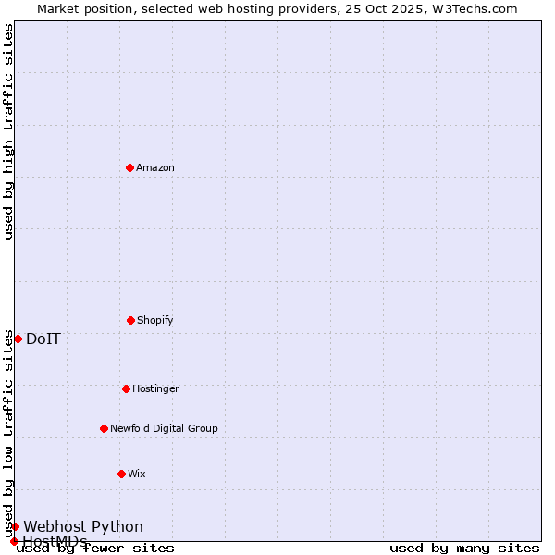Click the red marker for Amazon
129,167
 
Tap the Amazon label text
155,168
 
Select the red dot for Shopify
130,320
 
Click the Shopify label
155,321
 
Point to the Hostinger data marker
126,388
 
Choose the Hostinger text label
155,389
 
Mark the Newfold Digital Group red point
104,428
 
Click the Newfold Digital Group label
164,429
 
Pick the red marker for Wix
121,474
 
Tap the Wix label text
137,475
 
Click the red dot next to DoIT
18,339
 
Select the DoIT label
43,339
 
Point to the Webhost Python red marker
15,526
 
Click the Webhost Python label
83,527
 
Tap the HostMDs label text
55,542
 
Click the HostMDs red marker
14,541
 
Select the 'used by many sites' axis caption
464,549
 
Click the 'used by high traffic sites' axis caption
8,132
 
